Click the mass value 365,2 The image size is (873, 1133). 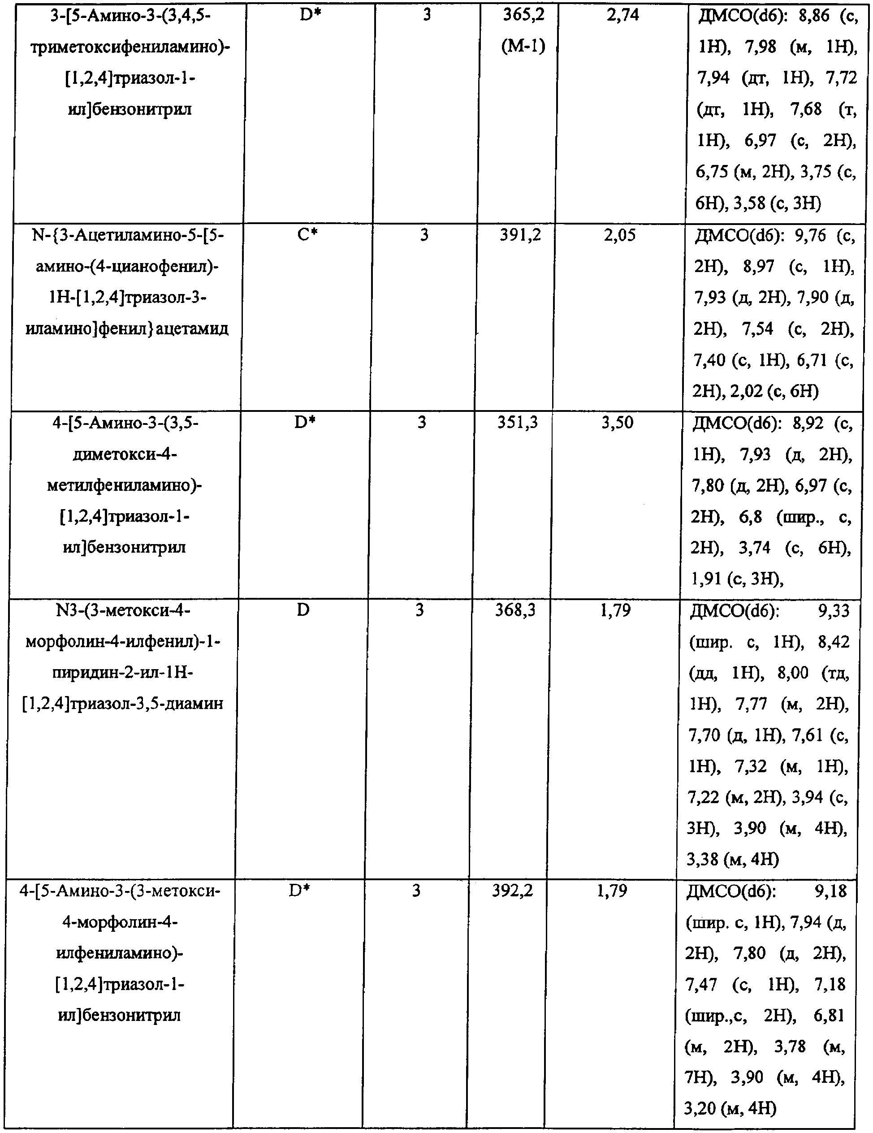[524, 16]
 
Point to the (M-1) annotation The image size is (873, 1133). [523, 47]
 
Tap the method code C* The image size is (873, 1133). [307, 235]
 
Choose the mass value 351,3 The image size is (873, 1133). [518, 423]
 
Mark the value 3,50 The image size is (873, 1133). [617, 423]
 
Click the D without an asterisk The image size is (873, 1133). [303, 610]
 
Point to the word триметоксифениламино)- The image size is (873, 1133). [130, 47]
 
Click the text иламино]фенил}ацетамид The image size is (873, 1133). [127, 329]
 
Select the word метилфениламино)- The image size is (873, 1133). [125, 485]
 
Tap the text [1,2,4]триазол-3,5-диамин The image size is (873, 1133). [122, 704]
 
